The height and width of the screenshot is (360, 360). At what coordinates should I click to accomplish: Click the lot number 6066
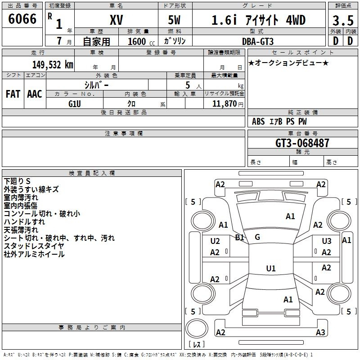tap(22, 19)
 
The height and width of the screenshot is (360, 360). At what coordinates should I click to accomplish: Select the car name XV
tap(117, 20)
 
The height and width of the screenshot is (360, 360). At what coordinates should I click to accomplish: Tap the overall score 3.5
tap(343, 21)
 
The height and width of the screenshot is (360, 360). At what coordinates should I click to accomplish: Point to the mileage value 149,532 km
tap(53, 65)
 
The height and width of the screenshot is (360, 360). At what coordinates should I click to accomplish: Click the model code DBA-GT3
tap(258, 41)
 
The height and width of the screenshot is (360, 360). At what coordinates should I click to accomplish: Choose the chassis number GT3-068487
tap(302, 143)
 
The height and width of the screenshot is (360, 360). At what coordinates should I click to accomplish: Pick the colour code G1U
tap(75, 104)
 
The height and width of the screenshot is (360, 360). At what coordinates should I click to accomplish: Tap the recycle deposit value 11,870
tap(224, 104)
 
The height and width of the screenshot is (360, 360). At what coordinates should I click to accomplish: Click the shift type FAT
tap(13, 94)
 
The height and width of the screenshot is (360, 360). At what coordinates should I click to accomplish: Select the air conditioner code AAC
tap(35, 94)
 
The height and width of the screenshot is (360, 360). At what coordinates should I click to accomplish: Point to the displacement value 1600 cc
tap(141, 41)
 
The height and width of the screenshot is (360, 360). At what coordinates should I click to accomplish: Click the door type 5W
tap(174, 20)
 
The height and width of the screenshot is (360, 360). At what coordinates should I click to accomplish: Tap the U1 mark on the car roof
tap(271, 268)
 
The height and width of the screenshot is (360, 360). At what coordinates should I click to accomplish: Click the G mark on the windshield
tap(257, 237)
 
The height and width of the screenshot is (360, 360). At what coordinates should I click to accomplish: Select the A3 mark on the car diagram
tap(320, 332)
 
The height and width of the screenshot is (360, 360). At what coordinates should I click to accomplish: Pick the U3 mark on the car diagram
tap(327, 241)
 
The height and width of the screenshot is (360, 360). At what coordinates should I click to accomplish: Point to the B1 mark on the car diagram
tap(239, 238)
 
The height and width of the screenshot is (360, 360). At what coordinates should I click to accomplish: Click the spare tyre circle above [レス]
tap(197, 328)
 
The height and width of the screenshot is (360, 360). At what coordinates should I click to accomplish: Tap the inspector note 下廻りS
tap(17, 181)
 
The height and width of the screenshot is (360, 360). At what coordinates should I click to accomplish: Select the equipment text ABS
tap(258, 121)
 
